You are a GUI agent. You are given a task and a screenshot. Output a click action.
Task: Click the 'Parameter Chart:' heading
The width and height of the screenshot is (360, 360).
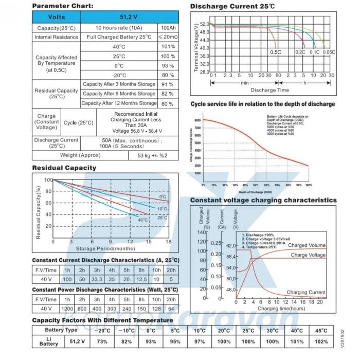(63, 6)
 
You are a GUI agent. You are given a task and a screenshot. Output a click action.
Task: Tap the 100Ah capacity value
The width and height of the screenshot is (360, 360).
(168, 28)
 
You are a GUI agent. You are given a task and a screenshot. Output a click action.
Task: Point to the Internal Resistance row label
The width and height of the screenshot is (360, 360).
(57, 37)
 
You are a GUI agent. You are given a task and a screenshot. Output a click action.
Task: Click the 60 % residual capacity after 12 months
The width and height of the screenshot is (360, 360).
(168, 103)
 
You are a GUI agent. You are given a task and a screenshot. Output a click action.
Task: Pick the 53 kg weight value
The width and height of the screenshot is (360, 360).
(153, 155)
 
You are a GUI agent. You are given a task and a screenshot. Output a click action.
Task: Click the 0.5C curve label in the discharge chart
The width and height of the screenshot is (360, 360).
(276, 52)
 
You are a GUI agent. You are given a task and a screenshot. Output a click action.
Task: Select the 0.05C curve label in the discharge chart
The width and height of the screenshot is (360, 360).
(329, 52)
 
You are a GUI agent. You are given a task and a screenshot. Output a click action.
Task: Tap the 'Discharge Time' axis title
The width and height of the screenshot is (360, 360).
(269, 90)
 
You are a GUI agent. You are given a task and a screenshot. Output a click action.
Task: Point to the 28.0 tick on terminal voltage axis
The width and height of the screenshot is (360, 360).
(204, 72)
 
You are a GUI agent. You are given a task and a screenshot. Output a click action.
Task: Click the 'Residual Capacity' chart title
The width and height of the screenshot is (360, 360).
(64, 168)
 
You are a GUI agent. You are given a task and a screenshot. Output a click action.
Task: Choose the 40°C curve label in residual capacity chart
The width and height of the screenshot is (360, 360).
(142, 220)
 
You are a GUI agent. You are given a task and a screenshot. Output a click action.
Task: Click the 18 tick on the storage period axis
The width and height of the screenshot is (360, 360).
(168, 241)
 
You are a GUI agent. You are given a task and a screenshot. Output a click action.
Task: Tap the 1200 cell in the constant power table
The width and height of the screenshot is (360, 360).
(67, 309)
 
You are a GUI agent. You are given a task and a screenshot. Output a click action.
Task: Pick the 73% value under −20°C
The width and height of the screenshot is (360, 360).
(102, 341)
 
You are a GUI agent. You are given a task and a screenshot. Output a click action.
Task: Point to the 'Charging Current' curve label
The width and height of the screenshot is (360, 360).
(306, 292)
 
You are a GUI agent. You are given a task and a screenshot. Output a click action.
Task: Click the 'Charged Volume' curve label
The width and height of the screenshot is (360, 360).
(307, 245)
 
